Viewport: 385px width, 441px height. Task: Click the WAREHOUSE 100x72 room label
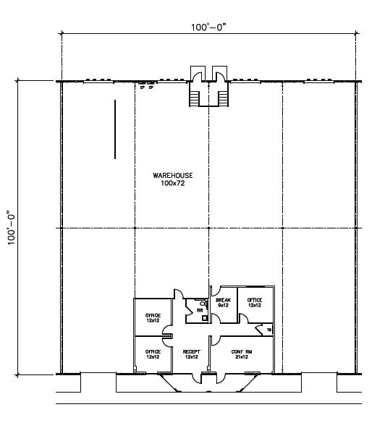click(x=172, y=179)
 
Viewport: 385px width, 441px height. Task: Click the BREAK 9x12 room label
click(x=222, y=302)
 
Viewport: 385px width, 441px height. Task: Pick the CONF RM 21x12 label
click(x=241, y=354)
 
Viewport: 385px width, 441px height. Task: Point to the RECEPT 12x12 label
click(x=191, y=354)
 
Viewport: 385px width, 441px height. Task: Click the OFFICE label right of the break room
click(x=254, y=302)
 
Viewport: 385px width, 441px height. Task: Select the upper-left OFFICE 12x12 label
click(x=153, y=318)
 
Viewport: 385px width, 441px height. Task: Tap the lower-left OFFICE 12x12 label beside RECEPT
click(x=153, y=354)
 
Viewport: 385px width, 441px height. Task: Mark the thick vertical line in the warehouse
click(x=115, y=129)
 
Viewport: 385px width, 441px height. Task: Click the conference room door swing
click(x=215, y=341)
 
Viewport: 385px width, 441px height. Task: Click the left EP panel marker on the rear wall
click(x=142, y=86)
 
